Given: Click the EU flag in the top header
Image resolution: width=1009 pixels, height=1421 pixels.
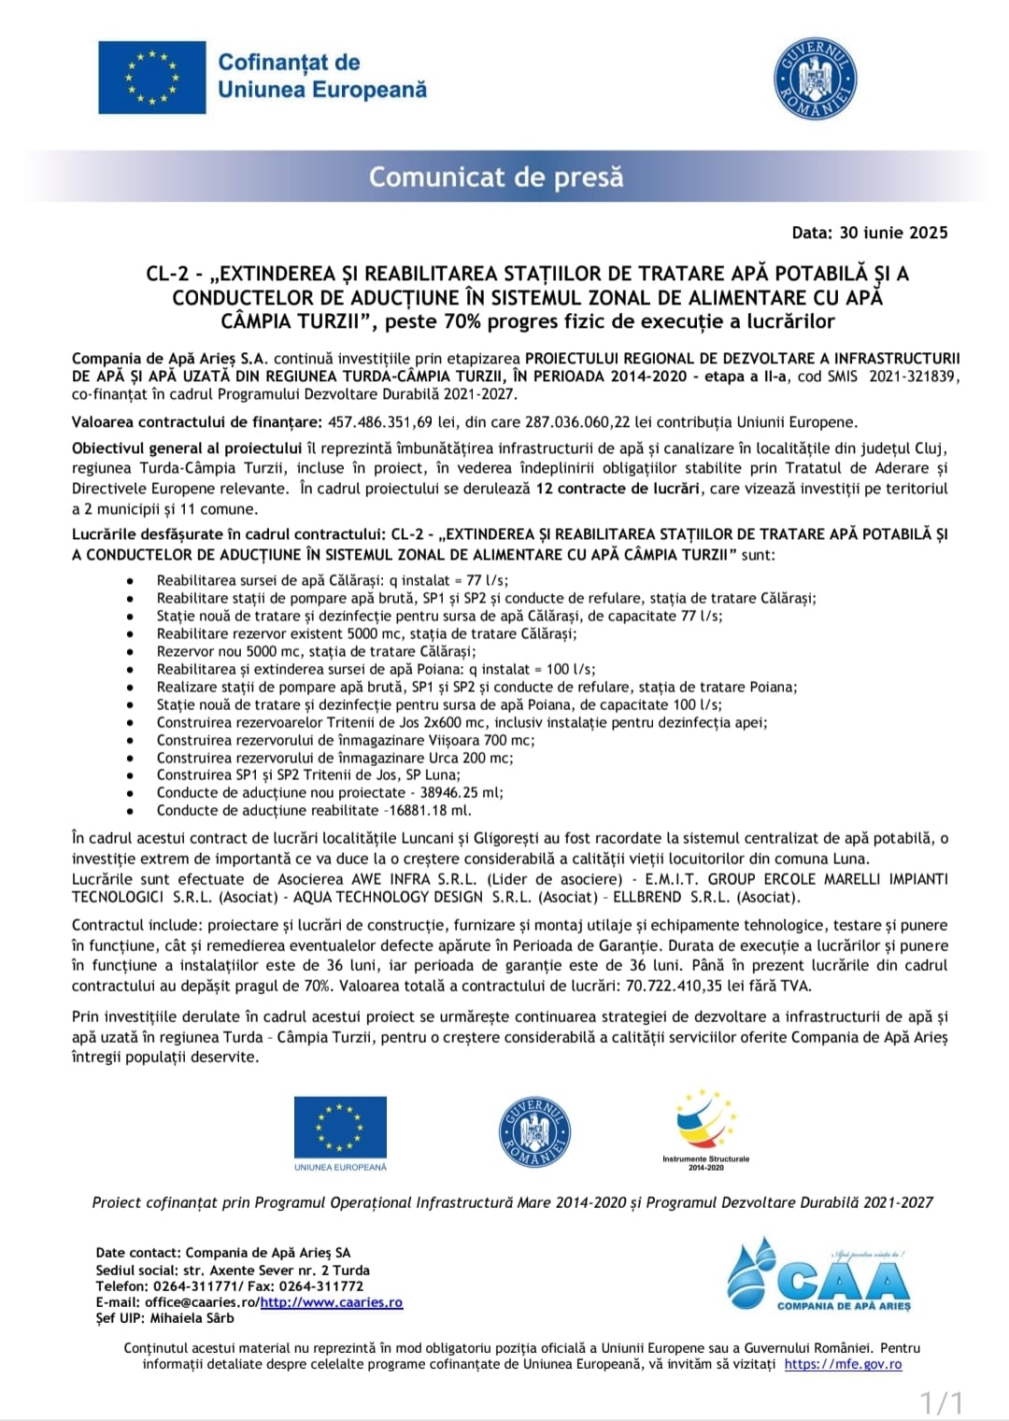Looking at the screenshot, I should coord(152,78).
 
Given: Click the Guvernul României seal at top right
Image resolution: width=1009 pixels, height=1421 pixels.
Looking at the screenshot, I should coord(816,79).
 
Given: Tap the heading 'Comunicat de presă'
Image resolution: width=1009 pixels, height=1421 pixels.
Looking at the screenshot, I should coord(496,177).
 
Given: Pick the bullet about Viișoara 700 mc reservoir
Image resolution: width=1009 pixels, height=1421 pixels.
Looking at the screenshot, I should coord(346,740).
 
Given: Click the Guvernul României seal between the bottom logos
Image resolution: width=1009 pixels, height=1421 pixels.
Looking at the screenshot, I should coord(534,1131).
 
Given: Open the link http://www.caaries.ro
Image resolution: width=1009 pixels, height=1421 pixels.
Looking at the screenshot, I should coord(332,1302).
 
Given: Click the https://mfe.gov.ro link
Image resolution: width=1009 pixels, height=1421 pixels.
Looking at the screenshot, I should coord(843,1364).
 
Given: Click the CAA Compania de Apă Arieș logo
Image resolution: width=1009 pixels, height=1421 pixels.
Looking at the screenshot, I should coord(819,1276).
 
